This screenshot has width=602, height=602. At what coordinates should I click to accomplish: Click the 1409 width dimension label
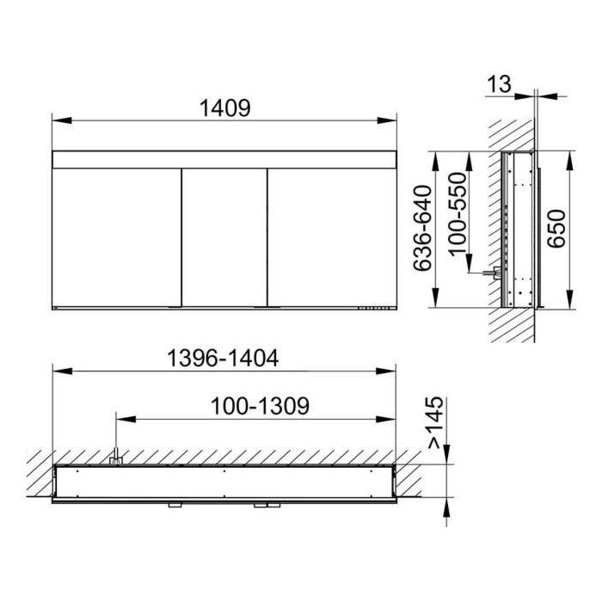(x=225, y=107)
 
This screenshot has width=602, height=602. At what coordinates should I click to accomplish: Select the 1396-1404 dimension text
(x=223, y=359)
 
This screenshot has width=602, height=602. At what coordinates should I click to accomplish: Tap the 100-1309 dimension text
(x=260, y=406)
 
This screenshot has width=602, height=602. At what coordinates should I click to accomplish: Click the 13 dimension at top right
(x=499, y=84)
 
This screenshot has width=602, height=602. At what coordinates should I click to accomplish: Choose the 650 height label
(x=556, y=229)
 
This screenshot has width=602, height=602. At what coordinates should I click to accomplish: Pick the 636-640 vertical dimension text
(x=422, y=229)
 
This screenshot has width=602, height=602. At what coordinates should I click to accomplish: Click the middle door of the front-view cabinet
(x=224, y=237)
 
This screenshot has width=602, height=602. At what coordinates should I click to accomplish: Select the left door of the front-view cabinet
(x=117, y=237)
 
